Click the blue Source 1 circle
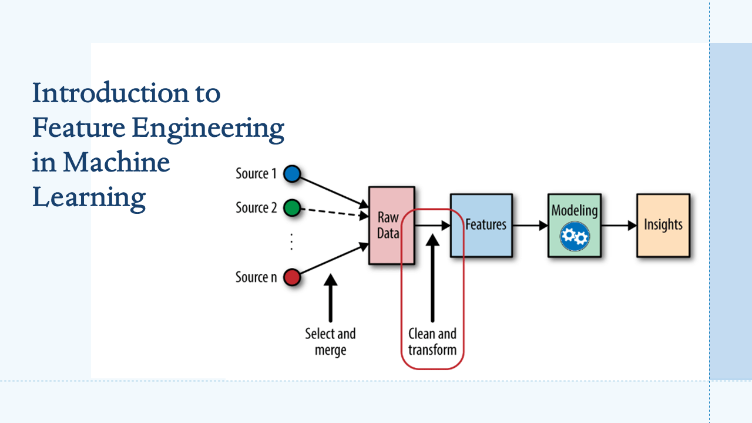[292, 174]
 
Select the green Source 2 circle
[292, 208]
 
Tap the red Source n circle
[292, 277]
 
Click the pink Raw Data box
[391, 226]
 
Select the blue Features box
[481, 226]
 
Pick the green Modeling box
[574, 226]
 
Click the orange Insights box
[663, 226]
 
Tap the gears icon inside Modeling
[574, 236]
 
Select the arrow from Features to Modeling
[529, 225]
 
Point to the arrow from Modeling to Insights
[619, 225]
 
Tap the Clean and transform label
[432, 342]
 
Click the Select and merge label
[330, 342]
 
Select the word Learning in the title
[89, 197]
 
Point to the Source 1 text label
[256, 174]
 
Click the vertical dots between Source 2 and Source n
[292, 242]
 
